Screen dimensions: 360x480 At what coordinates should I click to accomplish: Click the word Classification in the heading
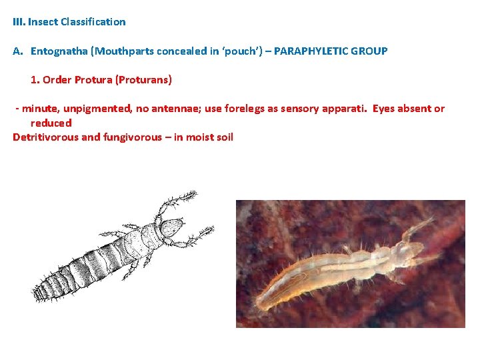[x=93, y=22]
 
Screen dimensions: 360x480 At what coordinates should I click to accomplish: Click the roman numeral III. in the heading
[x=19, y=22]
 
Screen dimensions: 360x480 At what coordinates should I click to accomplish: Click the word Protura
[x=93, y=80]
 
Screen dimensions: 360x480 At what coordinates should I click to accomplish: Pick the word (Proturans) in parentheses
[x=143, y=80]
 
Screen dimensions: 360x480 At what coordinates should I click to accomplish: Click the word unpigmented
[x=97, y=109]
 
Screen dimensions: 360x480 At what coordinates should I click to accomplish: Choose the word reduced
[x=51, y=123]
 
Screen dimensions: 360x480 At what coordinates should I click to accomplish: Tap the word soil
[x=222, y=137]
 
